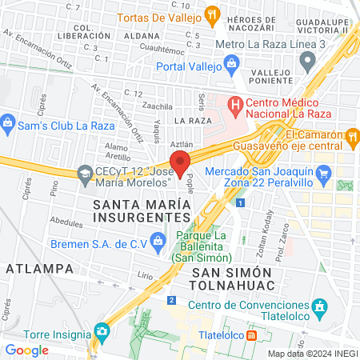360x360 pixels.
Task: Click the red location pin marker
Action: [x=180, y=162]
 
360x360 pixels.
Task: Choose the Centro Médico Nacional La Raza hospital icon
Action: [x=235, y=104]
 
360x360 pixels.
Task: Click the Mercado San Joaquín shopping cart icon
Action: [x=323, y=173]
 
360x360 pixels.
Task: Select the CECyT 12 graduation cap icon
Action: [x=84, y=173]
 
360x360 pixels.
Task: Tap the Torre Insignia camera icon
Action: [x=102, y=330]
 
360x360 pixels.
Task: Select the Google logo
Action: [x=26, y=350]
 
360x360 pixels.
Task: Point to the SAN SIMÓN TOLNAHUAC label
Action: [x=234, y=279]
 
